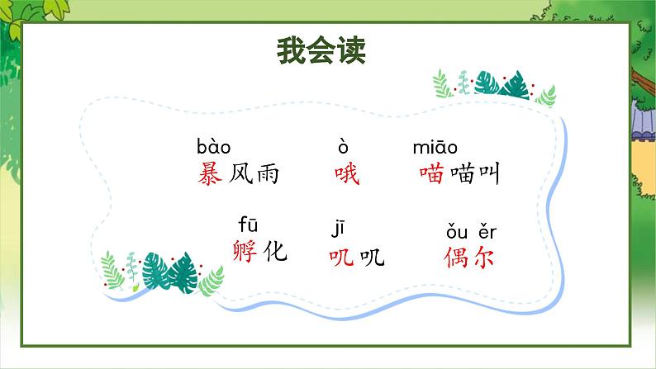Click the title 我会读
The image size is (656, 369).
pyautogui.click(x=321, y=50)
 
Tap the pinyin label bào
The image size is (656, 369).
pyautogui.click(x=213, y=147)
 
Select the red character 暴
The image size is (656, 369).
pyautogui.click(x=210, y=173)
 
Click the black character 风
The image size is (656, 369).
pyautogui.click(x=241, y=173)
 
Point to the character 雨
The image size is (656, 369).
pyautogui.click(x=268, y=174)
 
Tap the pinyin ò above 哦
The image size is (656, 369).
pyautogui.click(x=343, y=147)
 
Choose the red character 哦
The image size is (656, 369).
pyautogui.click(x=347, y=174)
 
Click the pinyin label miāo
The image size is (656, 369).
pyautogui.click(x=435, y=147)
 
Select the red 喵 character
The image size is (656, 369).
pyautogui.click(x=432, y=174)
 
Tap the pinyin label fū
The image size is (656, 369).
pyautogui.click(x=248, y=224)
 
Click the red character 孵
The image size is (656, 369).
pyautogui.click(x=245, y=251)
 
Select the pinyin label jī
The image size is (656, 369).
pyautogui.click(x=338, y=229)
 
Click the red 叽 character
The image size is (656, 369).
pyautogui.click(x=341, y=256)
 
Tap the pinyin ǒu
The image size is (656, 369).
pyautogui.click(x=457, y=231)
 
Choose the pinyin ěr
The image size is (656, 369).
pyautogui.click(x=487, y=231)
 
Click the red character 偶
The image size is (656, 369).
pyautogui.click(x=455, y=257)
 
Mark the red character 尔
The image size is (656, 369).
pyautogui.click(x=483, y=257)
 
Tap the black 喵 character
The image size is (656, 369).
pyautogui.click(x=463, y=174)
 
